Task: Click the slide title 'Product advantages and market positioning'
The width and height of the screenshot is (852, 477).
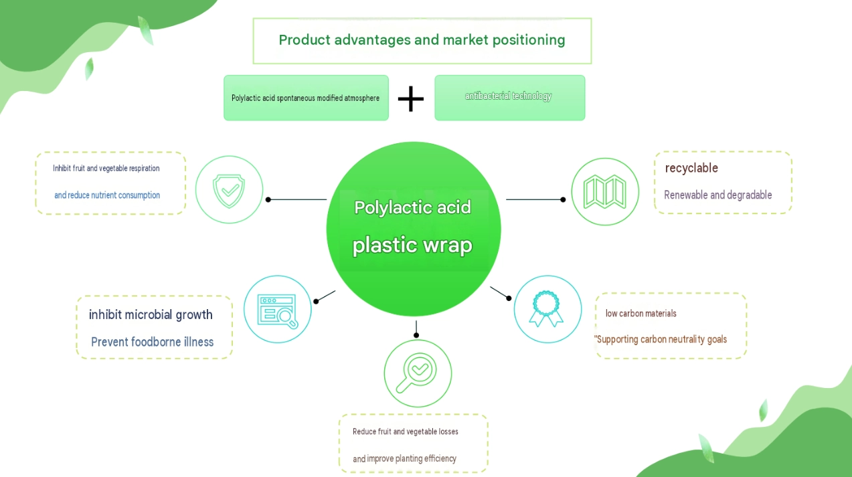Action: point(422,40)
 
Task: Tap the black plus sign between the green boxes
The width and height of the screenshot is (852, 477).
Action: point(411,99)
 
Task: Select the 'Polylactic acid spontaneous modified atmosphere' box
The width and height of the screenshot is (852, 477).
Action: point(306,98)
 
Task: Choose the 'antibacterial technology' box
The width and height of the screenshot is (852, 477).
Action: point(510,98)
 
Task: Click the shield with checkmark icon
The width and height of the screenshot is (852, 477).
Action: point(229,191)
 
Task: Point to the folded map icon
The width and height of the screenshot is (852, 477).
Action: point(605,191)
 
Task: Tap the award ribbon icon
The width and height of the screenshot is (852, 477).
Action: point(546,308)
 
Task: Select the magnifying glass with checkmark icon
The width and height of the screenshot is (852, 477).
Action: point(416,373)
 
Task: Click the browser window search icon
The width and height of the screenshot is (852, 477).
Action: point(278,311)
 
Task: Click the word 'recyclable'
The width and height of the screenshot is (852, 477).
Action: point(691,168)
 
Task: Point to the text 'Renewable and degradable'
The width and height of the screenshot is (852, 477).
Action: point(717,195)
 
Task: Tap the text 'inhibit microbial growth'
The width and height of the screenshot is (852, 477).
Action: point(151,314)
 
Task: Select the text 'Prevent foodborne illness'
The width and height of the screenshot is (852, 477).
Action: point(152,342)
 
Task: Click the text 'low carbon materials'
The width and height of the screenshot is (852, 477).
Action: point(641,314)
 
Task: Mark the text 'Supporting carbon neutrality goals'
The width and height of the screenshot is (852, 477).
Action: point(662,339)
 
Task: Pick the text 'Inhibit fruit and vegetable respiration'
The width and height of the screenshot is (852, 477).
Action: point(106,169)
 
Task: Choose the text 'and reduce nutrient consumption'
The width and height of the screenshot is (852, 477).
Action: point(107,195)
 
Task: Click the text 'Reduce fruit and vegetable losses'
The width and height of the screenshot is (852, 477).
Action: point(406,432)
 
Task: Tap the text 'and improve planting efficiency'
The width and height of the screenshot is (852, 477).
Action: point(405,459)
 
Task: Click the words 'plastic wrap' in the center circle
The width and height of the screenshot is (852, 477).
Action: point(412,245)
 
